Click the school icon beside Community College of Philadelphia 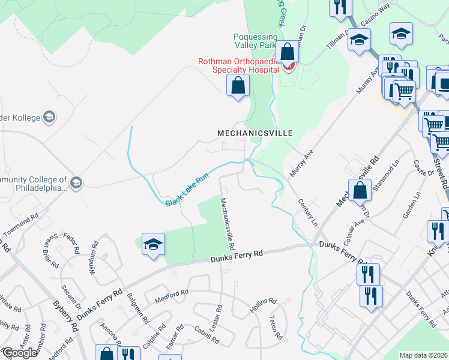pyautogui.click(x=76, y=182)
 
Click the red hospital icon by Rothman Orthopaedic pyautogui.click(x=289, y=66)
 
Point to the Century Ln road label pyautogui.click(x=307, y=211)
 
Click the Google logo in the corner pyautogui.click(x=20, y=353)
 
